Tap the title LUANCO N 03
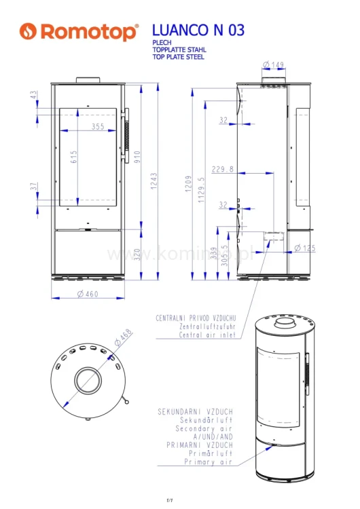point(198,30)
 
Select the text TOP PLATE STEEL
point(179,57)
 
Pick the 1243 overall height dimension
point(155,180)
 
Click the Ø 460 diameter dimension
point(88,294)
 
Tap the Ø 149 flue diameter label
point(273,65)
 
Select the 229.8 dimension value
point(222,169)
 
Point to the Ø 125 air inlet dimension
point(305,248)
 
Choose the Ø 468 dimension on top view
point(124,339)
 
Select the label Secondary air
point(204,429)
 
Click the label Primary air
point(209,461)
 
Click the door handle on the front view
point(125,136)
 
